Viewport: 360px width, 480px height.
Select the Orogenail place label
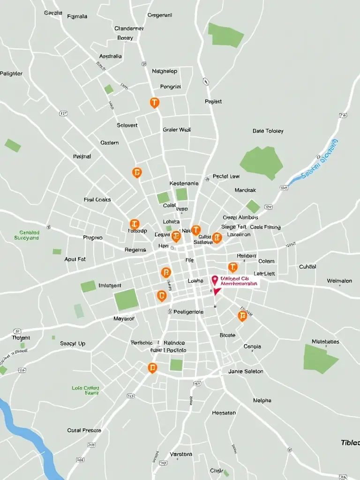[160, 15]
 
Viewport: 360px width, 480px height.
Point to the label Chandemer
[129, 29]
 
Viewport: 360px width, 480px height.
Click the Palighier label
[11, 74]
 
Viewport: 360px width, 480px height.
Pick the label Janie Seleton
[246, 371]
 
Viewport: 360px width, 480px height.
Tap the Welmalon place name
[339, 281]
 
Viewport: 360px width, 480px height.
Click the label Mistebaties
[325, 342]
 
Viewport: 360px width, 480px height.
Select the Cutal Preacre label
[84, 430]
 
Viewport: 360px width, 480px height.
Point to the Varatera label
[181, 454]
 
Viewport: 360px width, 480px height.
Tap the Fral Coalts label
[97, 200]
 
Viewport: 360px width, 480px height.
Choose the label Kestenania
[184, 184]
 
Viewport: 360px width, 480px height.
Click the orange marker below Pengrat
[154, 103]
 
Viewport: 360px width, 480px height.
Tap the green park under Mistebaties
[319, 359]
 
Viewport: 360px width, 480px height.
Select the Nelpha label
[262, 401]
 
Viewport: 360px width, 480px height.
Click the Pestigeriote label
[188, 312]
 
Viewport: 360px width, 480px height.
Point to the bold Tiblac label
[350, 442]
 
